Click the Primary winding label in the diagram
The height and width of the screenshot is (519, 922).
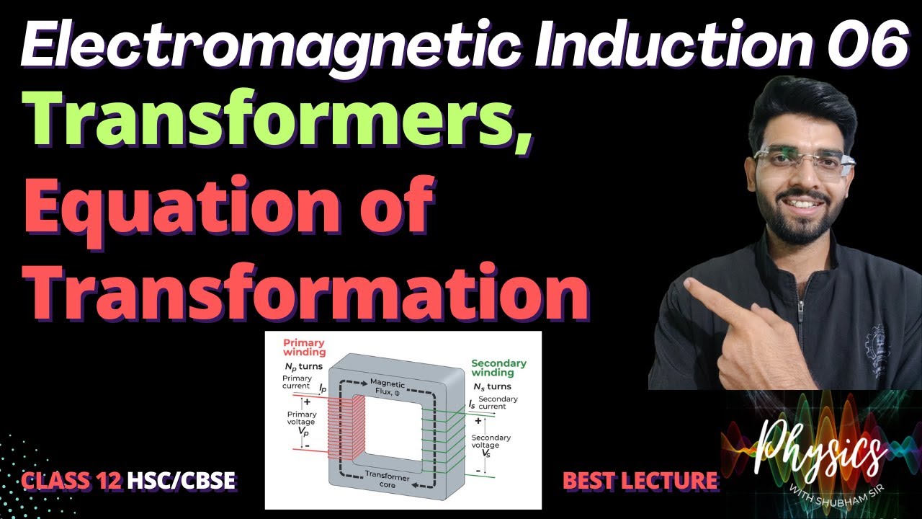303,347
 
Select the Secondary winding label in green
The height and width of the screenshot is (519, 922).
498,368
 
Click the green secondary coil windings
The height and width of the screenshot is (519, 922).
443,440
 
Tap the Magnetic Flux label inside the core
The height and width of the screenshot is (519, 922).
388,386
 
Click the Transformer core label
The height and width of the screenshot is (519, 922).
387,482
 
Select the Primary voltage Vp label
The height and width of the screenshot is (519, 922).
301,424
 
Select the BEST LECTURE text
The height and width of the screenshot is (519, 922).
640,480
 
